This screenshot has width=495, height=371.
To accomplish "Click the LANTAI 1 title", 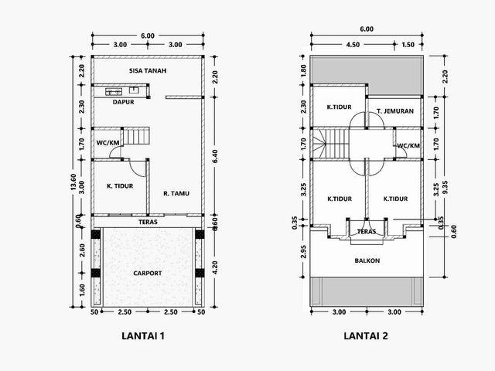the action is (x=143, y=335).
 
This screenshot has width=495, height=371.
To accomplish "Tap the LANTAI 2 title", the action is (x=366, y=335).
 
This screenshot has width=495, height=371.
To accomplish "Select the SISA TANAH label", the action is (x=148, y=70).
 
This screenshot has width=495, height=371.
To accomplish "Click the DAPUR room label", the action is (x=124, y=102).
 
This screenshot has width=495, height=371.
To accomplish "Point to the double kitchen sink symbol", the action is (x=114, y=91).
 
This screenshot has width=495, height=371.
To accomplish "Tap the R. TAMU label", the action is (x=176, y=193).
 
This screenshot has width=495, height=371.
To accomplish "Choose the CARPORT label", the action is (x=148, y=273).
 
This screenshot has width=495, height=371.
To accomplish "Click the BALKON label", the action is (x=367, y=260).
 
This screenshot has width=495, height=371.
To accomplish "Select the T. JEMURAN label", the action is (x=395, y=111).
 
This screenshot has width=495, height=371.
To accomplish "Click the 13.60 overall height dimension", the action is (x=73, y=182).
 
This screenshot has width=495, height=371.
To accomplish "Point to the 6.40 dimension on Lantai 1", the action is (x=215, y=156).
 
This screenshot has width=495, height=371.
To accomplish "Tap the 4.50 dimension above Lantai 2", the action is (x=353, y=45).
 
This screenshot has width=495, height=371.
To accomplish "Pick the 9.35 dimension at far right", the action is (x=445, y=189).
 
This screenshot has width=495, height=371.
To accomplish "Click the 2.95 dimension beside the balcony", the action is (x=303, y=251).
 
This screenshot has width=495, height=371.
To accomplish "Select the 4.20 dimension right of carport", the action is (x=215, y=267).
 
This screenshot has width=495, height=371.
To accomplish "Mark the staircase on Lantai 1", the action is (x=136, y=136).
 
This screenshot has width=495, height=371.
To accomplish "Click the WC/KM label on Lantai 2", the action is (x=408, y=146).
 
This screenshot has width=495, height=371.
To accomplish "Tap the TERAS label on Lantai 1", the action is (x=148, y=222).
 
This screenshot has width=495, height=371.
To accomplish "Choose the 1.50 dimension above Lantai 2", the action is (x=408, y=45).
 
